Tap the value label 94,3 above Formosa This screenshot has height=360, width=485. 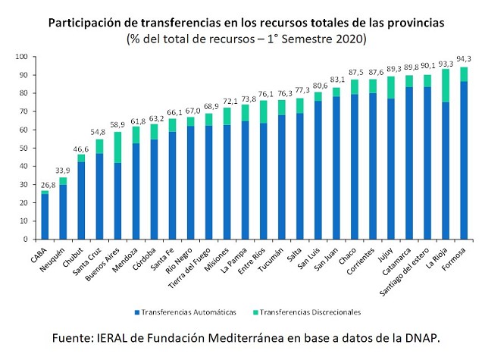tap(464, 59)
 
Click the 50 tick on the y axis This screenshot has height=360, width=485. tap(23, 148)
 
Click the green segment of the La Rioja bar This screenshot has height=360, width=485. tap(446, 86)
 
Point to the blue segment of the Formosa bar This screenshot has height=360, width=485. tap(464, 160)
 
